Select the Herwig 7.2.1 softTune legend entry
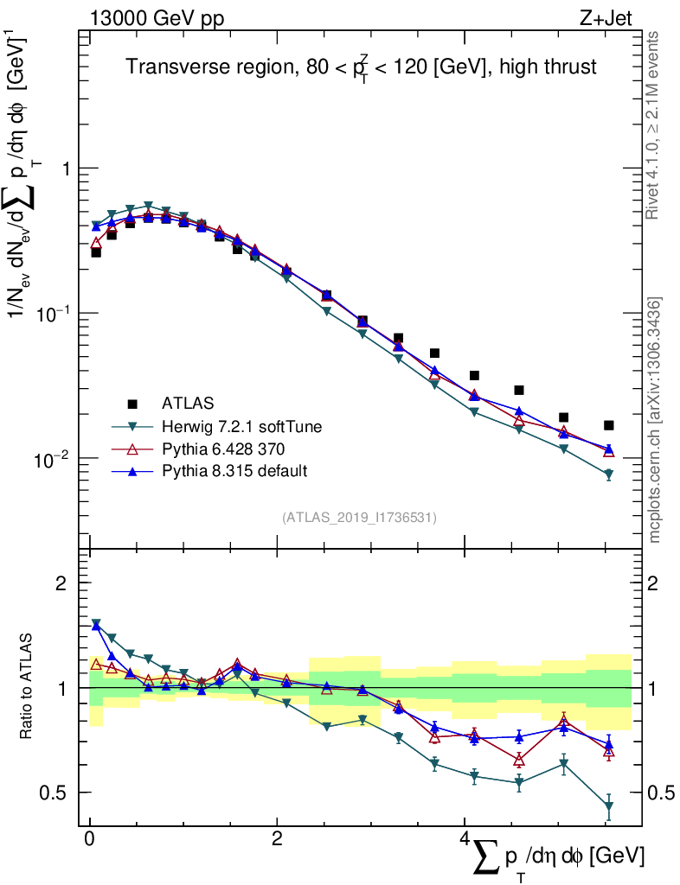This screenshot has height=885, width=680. click(234, 426)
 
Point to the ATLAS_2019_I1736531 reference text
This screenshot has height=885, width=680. click(359, 518)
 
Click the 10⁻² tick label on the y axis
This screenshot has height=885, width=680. click(53, 458)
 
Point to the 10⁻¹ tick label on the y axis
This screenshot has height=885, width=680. click(53, 314)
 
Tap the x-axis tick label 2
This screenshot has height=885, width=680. click(277, 839)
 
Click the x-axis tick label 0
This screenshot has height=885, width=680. click(89, 839)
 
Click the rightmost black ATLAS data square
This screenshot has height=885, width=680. click(609, 425)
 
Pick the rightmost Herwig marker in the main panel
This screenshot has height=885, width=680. click(609, 474)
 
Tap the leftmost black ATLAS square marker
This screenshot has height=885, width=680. click(96, 252)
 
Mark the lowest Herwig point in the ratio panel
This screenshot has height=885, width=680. click(609, 806)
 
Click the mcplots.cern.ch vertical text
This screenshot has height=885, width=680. click(656, 420)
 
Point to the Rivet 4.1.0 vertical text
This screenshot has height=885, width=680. click(656, 124)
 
